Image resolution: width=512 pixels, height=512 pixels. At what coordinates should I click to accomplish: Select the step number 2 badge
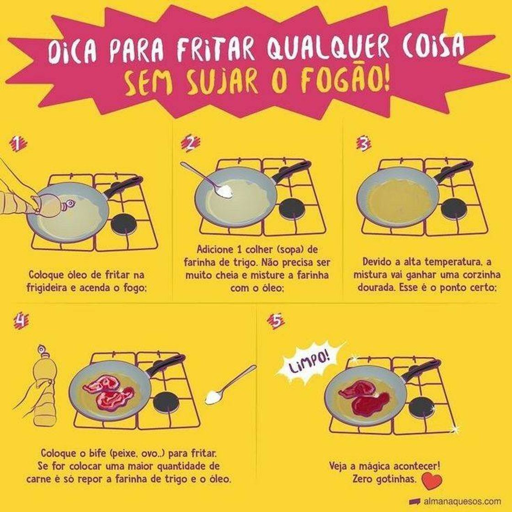191,144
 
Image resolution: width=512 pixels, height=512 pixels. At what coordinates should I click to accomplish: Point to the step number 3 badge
363,144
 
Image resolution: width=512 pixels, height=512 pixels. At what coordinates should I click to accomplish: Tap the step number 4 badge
21,320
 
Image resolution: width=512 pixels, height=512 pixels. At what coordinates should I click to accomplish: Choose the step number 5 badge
276,320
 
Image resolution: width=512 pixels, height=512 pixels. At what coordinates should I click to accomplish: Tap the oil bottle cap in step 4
42,349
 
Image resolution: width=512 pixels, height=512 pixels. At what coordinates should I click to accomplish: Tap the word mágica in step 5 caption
375,465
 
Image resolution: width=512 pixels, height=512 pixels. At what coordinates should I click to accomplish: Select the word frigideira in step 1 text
46,288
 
